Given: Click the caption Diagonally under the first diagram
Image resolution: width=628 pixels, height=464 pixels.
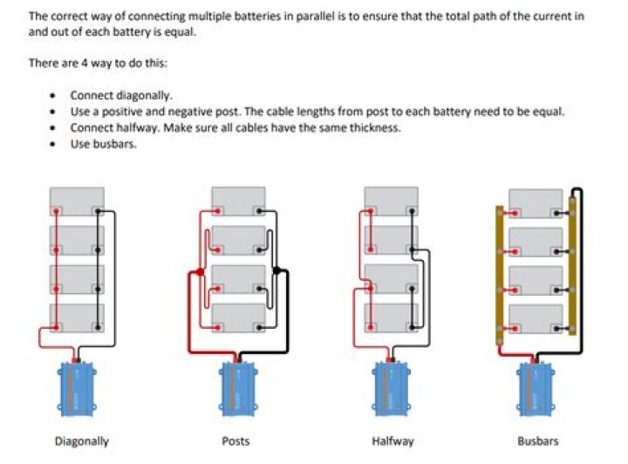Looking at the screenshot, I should [x=82, y=441].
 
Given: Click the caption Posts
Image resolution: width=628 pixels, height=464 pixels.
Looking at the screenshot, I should [x=235, y=441].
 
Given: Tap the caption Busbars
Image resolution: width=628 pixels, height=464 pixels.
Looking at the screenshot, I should [x=537, y=441].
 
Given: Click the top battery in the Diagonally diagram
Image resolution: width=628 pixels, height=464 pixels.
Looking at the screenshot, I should [x=77, y=201].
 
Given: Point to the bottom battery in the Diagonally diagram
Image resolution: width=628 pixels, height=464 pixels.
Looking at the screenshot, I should [x=77, y=317].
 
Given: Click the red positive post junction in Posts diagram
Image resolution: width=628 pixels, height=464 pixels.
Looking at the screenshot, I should [x=201, y=273].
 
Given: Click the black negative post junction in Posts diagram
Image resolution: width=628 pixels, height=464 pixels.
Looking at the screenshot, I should [x=277, y=271].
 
